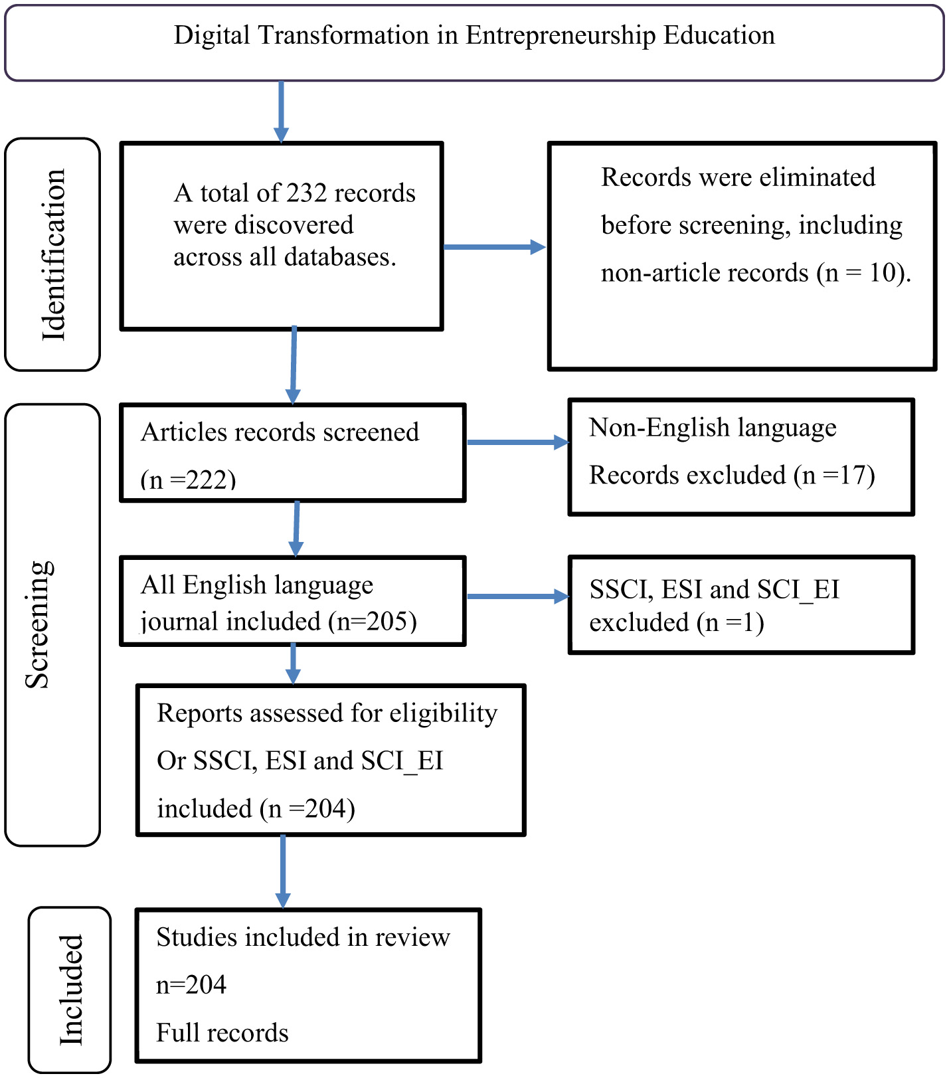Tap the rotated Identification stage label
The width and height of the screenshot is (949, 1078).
53,255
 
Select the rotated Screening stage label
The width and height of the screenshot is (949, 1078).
39,624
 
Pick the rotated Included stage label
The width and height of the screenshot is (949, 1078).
70,990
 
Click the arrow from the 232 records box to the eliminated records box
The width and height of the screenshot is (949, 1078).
494,247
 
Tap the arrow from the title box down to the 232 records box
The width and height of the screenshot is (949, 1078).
281,111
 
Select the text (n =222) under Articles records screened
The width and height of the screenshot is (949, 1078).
188,480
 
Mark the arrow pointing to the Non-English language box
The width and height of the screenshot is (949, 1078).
517,442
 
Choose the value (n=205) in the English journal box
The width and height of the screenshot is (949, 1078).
373,621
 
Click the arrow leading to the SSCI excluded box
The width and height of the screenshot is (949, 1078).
517,596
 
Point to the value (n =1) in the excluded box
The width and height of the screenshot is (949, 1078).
730,623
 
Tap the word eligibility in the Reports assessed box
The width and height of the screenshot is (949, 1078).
443,713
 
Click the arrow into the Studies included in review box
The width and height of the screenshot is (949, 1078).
283,871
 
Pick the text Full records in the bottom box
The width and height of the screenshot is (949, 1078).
222,1033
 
